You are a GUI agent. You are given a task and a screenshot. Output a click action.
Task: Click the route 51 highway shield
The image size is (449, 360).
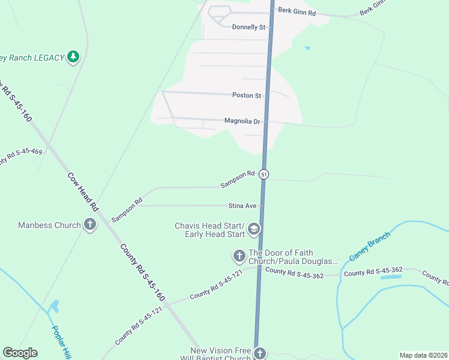(x=264, y=174)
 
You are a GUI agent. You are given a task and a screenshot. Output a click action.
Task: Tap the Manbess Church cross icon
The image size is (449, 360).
(x=90, y=225)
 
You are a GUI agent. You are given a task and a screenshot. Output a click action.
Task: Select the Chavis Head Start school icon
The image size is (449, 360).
(x=254, y=229)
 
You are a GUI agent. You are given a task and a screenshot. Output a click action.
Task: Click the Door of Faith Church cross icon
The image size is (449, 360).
(x=239, y=257)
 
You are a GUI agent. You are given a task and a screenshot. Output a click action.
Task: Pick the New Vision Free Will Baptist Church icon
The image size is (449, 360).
(x=259, y=353)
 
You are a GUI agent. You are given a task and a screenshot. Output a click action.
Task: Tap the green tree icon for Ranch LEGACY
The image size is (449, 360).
(x=73, y=57)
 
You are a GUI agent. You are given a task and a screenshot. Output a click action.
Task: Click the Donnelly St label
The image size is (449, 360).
(x=249, y=27)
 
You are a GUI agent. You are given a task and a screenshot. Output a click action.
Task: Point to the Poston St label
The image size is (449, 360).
(x=247, y=95)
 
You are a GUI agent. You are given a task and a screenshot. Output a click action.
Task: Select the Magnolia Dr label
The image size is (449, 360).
(x=242, y=121)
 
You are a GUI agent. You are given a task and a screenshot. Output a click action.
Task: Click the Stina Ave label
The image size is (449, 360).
(x=243, y=206)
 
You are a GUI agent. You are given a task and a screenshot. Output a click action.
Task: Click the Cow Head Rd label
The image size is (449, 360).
(x=83, y=191)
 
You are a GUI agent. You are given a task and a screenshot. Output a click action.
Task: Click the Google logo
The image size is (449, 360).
(x=20, y=353)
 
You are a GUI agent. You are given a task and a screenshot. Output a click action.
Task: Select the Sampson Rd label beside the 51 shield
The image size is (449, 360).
(x=237, y=179)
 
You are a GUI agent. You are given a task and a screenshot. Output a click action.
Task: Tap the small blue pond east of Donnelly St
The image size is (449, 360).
(x=308, y=47)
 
